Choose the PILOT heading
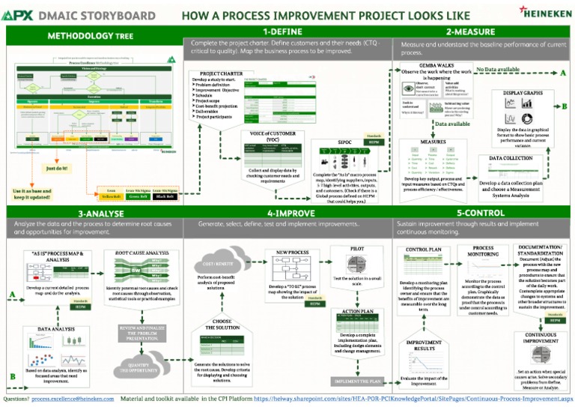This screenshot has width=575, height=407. coord(358,248)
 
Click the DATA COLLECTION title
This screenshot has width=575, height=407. coord(511,158)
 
